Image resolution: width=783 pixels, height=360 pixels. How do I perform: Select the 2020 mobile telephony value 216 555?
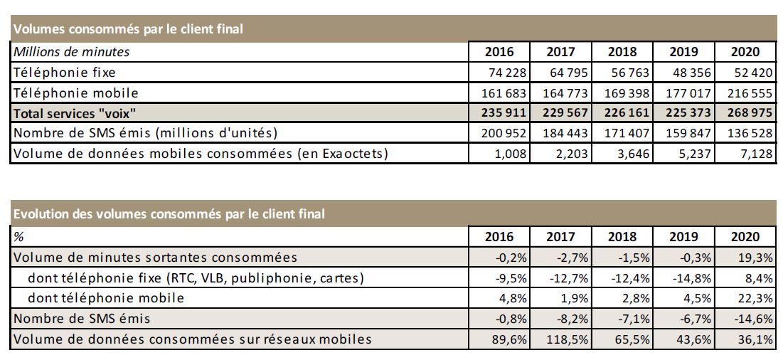click(750, 93)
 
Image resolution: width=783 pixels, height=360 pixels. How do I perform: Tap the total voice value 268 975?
click(750, 114)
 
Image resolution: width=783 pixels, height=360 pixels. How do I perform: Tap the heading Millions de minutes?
click(72, 52)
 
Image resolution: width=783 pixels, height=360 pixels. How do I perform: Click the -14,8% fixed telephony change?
click(694, 277)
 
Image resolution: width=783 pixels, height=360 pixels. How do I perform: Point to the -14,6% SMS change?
click(756, 319)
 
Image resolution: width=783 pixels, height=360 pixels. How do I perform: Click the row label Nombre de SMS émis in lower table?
click(83, 319)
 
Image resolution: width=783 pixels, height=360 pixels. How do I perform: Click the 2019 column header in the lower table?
click(684, 236)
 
